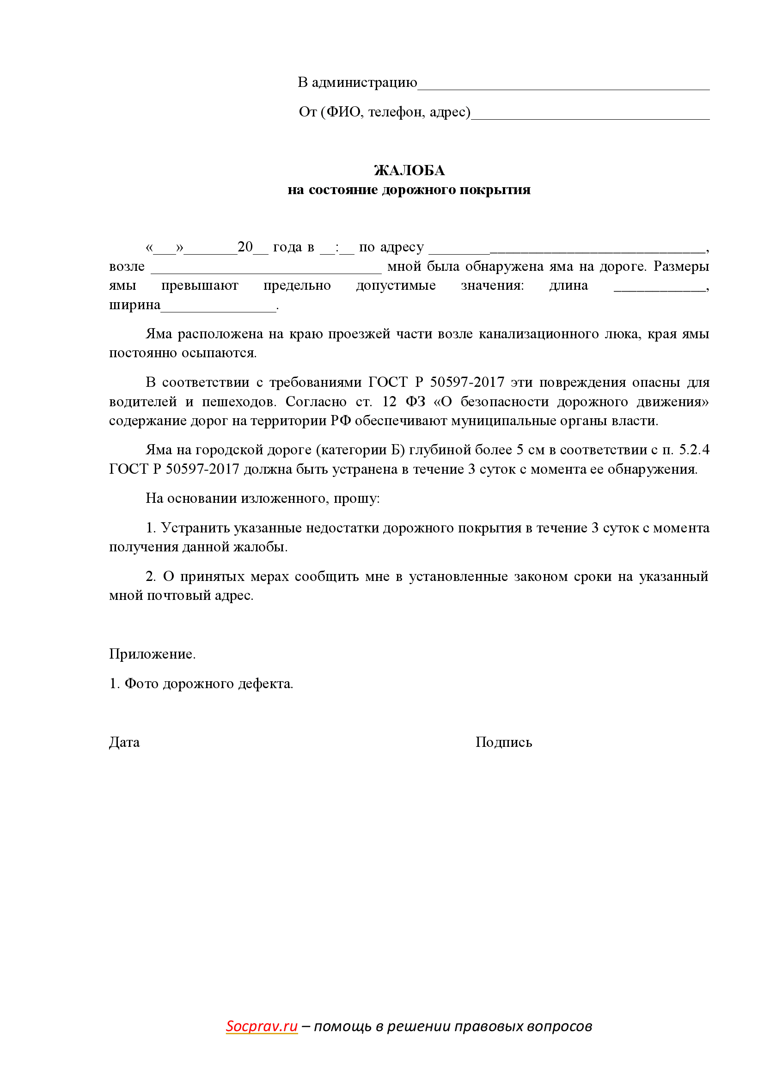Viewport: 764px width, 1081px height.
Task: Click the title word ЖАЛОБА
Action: click(409, 171)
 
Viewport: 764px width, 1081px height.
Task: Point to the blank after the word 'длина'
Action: click(659, 288)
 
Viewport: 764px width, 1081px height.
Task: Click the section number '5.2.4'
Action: click(694, 450)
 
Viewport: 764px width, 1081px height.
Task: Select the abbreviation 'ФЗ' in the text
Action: click(415, 402)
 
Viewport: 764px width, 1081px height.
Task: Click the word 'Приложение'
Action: click(151, 654)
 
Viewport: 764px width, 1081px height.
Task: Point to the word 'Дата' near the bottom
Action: click(124, 743)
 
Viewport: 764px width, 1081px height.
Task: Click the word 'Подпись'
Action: click(503, 743)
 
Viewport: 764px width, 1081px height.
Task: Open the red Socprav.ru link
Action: click(261, 1026)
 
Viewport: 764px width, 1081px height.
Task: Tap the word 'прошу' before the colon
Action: click(355, 498)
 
